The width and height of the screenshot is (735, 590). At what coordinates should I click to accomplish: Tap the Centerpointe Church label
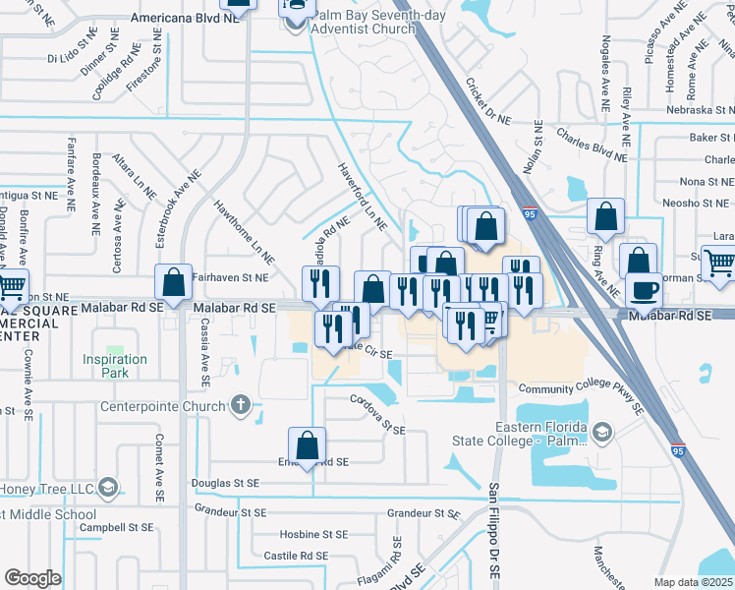point(163,405)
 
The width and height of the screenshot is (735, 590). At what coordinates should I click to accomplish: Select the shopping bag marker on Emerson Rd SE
point(308,445)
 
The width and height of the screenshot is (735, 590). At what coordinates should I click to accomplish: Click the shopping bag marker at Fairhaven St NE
point(174,282)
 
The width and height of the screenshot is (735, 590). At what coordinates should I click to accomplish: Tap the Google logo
point(32,578)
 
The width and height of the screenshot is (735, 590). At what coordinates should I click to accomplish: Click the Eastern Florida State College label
point(539,434)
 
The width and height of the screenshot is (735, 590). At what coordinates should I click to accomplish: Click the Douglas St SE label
point(225,484)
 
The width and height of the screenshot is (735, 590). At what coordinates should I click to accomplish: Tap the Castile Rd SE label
point(296,557)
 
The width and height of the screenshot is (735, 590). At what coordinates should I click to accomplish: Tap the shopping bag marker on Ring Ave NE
point(605,216)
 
